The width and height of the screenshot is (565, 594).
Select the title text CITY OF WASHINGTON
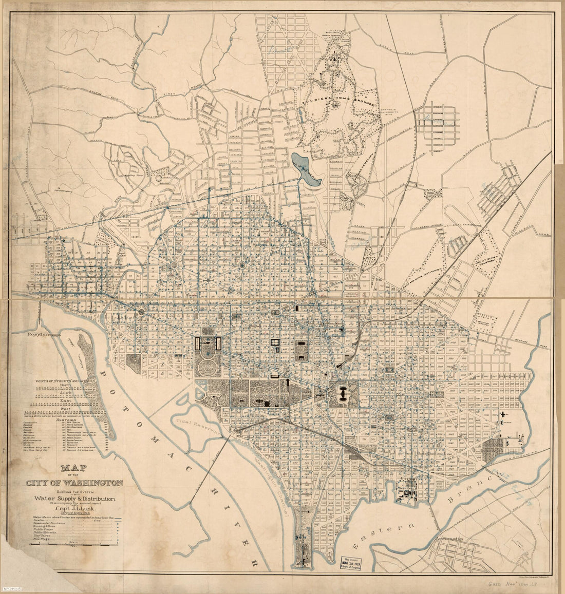click(75, 483)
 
